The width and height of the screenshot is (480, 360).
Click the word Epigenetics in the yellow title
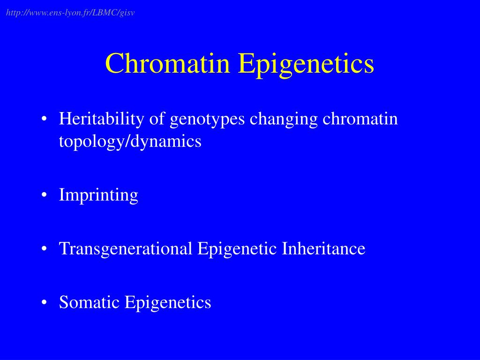tap(306, 64)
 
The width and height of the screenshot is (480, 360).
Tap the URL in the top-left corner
tap(70, 13)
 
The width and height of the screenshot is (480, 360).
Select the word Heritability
tap(102, 120)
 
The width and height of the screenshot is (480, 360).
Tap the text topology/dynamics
tap(130, 142)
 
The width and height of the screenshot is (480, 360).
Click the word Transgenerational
tap(126, 249)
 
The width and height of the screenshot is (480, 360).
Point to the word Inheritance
tap(323, 248)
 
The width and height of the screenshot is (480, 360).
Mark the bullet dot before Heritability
tap(44, 120)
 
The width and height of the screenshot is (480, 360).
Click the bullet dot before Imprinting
tap(44, 195)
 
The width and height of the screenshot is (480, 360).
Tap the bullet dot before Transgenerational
tap(44, 249)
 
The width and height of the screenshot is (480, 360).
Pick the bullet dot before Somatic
tap(44, 303)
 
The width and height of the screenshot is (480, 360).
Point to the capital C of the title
tap(113, 64)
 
